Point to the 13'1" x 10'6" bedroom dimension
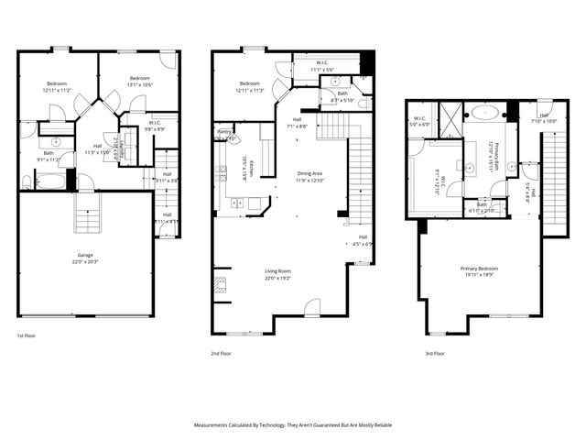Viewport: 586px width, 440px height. pos(138,82)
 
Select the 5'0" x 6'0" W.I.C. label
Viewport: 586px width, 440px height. pos(420,122)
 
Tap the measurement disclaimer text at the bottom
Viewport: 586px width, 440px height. pos(292,425)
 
